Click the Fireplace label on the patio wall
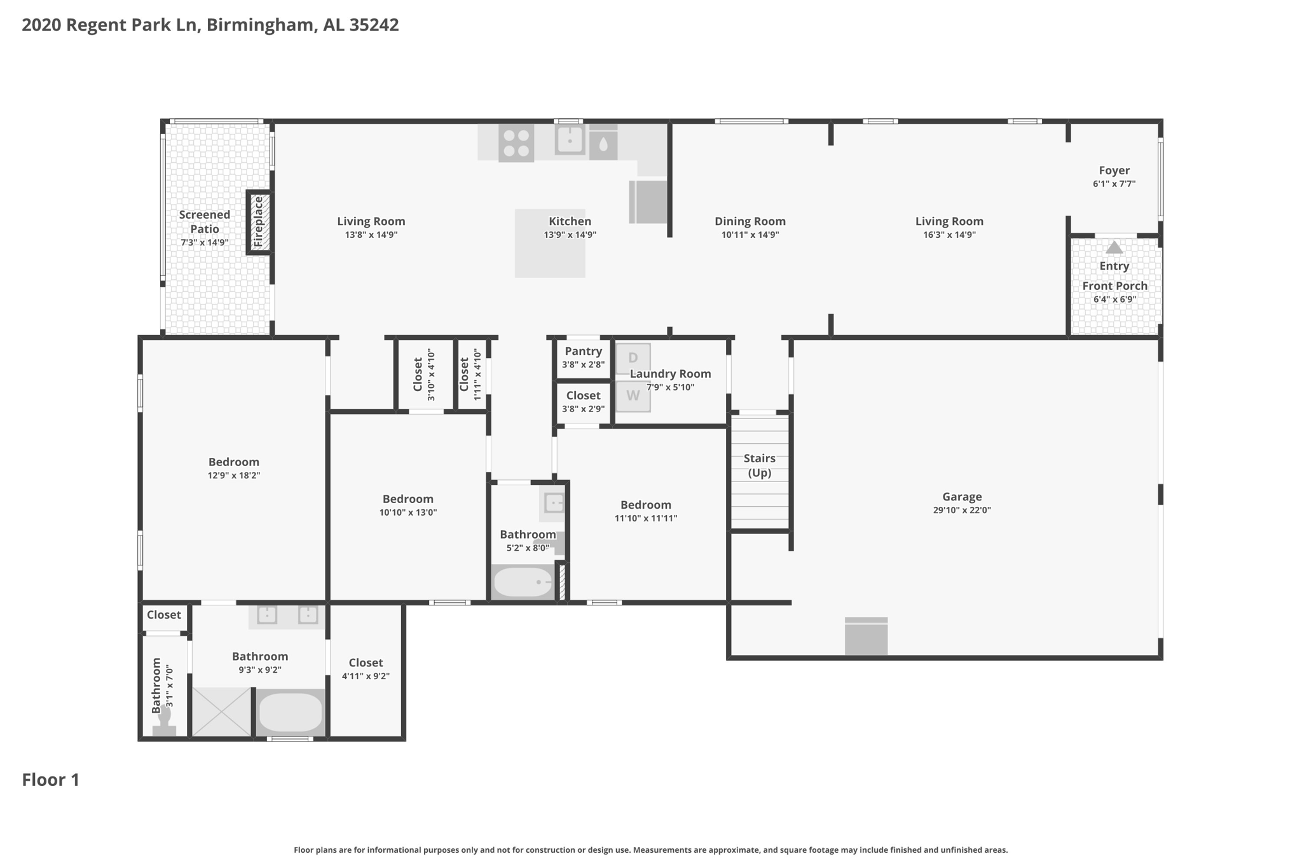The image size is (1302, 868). pos(258,222)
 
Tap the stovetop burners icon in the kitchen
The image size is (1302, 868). pos(516,143)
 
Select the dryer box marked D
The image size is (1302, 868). pos(633,358)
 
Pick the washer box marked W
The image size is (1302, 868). pos(633,396)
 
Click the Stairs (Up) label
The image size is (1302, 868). pos(759,465)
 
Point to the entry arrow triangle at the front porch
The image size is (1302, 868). pos(1114,247)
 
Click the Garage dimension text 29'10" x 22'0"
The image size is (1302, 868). pos(962,510)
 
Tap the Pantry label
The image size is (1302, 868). pos(583,351)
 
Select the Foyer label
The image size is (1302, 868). pos(1114,170)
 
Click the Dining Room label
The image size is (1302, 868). pos(750,221)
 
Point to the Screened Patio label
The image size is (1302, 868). pos(205,222)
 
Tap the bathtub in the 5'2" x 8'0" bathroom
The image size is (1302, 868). pos(523,582)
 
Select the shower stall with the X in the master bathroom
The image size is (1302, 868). pos(222,712)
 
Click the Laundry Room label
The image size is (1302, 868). pos(670,374)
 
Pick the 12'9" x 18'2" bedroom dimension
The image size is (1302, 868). pos(234,476)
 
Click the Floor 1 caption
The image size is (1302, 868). pos(51,780)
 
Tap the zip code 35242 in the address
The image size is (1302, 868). pos(374,25)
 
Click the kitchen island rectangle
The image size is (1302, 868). pos(550,244)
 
